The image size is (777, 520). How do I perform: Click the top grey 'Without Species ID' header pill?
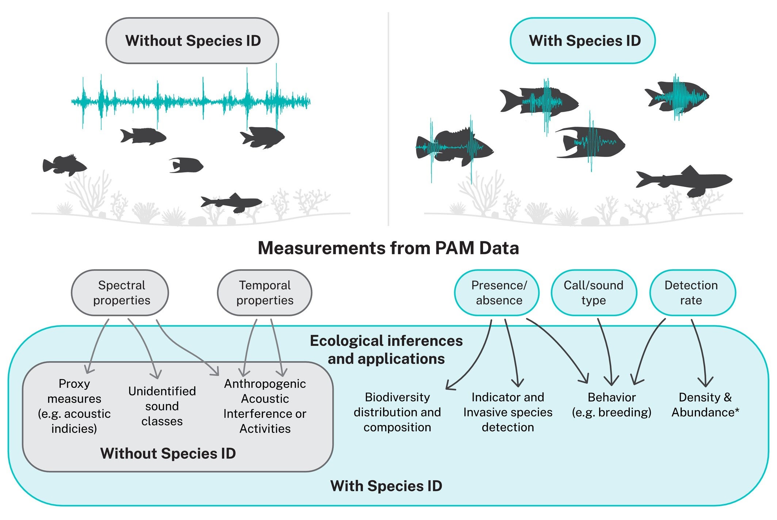click(192, 41)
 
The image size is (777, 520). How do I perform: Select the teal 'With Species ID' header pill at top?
click(582, 41)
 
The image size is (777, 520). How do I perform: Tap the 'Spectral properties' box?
click(120, 292)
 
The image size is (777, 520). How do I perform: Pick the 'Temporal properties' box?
click(264, 292)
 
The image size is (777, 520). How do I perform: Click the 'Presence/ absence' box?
click(497, 292)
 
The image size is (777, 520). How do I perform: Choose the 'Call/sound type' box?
click(594, 292)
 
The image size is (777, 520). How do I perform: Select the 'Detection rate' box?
click(692, 292)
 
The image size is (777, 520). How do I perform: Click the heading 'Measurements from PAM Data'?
click(388, 248)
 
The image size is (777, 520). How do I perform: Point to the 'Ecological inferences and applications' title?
click(386, 349)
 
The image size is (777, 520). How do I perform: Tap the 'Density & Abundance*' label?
click(705, 405)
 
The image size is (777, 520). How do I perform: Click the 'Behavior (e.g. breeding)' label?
click(611, 405)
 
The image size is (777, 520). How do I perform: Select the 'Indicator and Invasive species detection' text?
click(508, 412)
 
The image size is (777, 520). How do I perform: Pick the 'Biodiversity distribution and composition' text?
click(397, 412)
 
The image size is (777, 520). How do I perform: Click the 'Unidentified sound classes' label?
click(162, 406)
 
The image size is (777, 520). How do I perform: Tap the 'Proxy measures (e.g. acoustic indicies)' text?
click(74, 406)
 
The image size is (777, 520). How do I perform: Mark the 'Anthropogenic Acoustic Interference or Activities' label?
click(265, 406)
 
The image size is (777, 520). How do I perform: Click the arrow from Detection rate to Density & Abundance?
click(700, 351)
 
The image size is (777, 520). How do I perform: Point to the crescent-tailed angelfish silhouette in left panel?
click(186, 165)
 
